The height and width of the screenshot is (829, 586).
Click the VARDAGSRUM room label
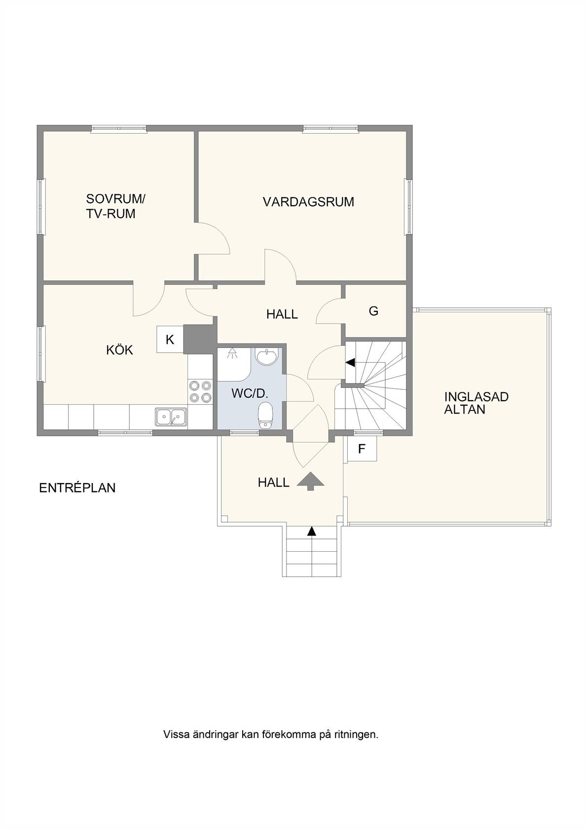308,202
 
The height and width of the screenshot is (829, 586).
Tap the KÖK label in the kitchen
119,350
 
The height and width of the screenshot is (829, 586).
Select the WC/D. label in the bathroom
250,394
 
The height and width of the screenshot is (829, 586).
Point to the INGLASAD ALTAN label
476,403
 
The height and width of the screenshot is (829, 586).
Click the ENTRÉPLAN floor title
77,488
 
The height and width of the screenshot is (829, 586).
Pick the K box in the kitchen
170,339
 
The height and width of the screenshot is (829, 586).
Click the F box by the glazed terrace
362,449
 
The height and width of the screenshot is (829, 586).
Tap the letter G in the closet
374,312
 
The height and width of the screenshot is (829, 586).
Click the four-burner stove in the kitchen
200,392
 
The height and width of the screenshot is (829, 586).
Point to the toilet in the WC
265,415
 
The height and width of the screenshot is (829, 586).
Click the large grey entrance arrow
310,482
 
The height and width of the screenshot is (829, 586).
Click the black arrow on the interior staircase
350,363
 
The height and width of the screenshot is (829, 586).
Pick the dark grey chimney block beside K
200,339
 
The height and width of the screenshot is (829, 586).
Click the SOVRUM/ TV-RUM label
116,206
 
